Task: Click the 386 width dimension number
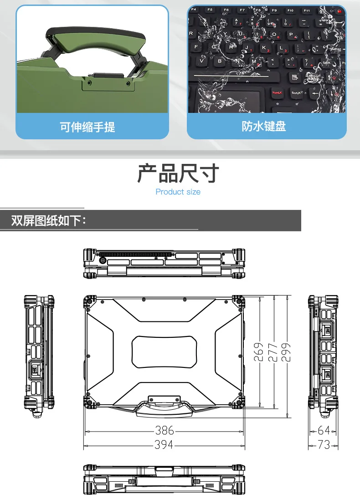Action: [x=165, y=430]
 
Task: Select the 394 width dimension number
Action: [x=164, y=445]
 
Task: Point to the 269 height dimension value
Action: [x=259, y=352]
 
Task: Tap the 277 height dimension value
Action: [x=273, y=352]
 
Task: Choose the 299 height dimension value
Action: [x=286, y=352]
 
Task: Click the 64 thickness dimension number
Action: [x=324, y=430]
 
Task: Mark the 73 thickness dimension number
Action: [x=324, y=445]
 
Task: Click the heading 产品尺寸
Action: [x=178, y=174]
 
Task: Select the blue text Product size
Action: [x=178, y=192]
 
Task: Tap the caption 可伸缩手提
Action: [x=87, y=127]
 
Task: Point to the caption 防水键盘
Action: [x=264, y=126]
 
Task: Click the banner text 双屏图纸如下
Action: [x=48, y=221]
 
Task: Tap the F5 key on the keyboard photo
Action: [x=210, y=10]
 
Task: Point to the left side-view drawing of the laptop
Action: [x=39, y=355]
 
